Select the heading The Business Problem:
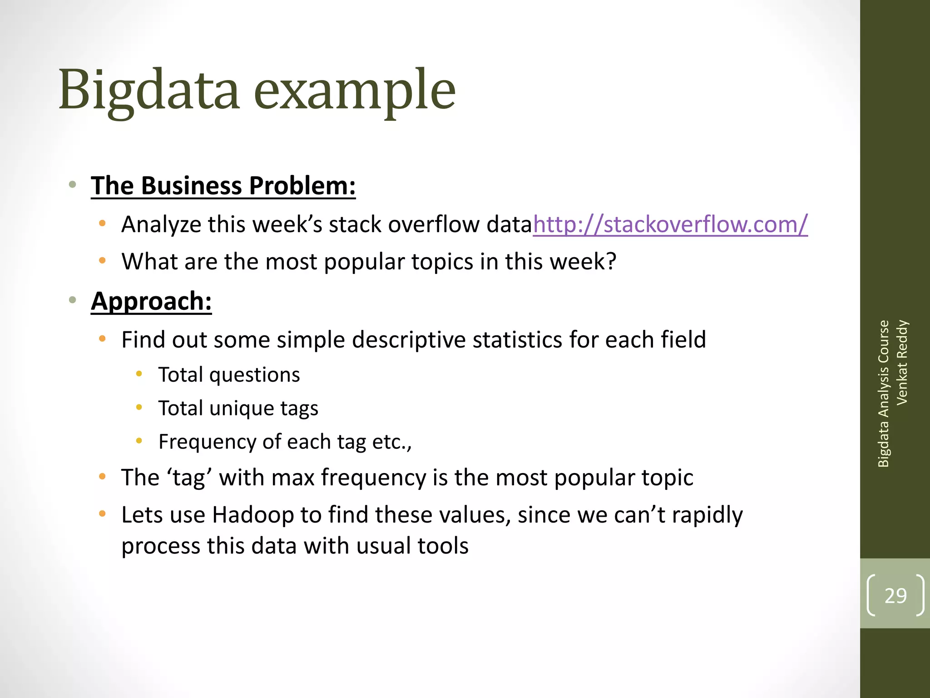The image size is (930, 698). pyautogui.click(x=223, y=186)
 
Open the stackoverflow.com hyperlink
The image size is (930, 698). pyautogui.click(x=670, y=224)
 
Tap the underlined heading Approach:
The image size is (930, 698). pyautogui.click(x=151, y=301)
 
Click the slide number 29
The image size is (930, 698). pyautogui.click(x=895, y=596)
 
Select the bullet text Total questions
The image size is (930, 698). pyautogui.click(x=229, y=375)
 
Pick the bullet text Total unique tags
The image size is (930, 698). pyautogui.click(x=238, y=409)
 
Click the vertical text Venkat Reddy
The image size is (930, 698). pyautogui.click(x=902, y=362)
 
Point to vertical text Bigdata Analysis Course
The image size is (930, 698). pyautogui.click(x=883, y=394)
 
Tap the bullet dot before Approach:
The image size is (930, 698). pyautogui.click(x=72, y=300)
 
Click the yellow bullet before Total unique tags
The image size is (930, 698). pyautogui.click(x=139, y=408)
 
